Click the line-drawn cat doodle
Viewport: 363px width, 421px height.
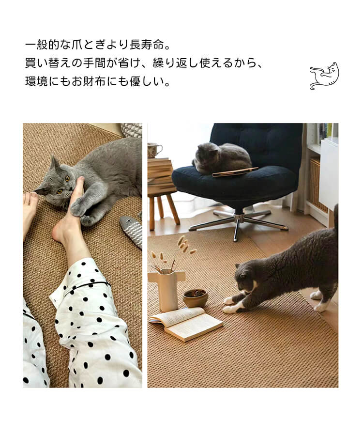coord(324,76)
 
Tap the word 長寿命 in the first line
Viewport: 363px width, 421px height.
coord(147,45)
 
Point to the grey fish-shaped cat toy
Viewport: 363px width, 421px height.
coord(132,231)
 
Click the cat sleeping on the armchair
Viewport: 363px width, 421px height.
coord(222,158)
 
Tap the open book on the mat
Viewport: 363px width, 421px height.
coord(186,324)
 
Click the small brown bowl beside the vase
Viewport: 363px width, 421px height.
coord(196,298)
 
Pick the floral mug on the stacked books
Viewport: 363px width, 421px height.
coord(154,150)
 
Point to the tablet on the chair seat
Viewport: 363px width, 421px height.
coord(235,172)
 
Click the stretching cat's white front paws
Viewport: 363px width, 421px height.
coord(232,305)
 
